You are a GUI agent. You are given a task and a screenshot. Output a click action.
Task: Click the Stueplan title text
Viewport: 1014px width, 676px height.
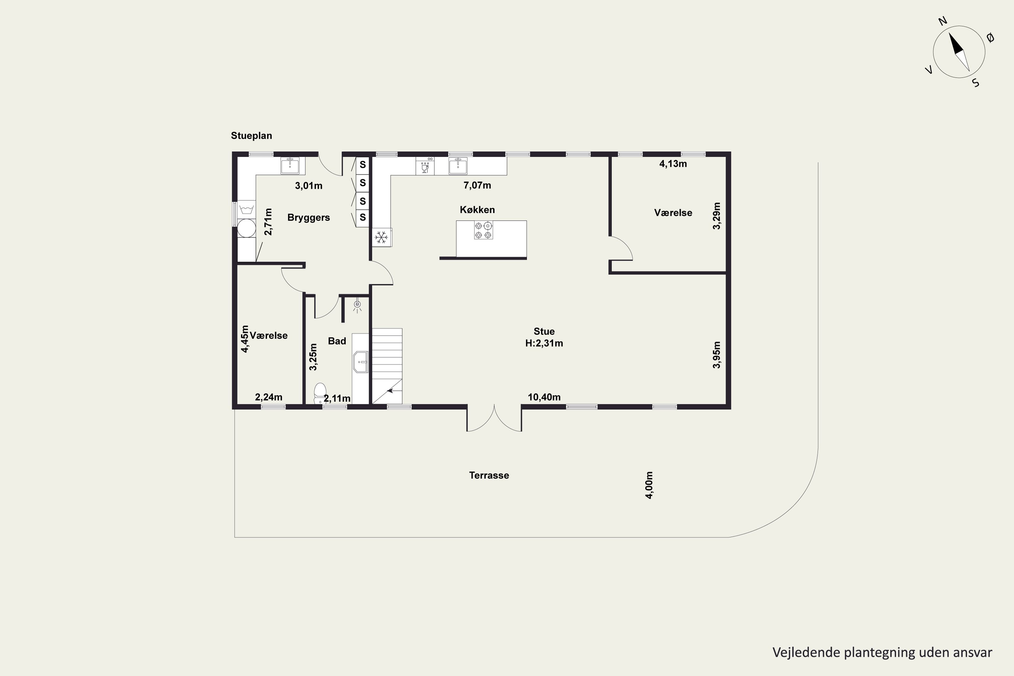251,136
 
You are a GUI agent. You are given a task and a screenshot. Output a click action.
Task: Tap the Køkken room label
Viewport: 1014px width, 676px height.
477,210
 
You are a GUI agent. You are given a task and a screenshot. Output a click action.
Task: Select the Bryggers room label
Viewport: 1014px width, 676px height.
308,217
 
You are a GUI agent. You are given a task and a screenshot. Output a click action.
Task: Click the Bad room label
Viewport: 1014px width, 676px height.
337,341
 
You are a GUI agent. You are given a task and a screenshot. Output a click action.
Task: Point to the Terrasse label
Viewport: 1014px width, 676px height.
489,475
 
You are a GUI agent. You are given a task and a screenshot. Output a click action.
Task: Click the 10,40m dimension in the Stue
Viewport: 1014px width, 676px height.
544,397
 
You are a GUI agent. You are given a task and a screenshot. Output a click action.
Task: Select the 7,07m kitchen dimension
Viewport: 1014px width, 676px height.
477,185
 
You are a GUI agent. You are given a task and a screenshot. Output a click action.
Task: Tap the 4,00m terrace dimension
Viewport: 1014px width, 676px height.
649,485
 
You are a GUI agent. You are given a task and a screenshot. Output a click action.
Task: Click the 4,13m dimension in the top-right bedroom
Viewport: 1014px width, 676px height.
673,164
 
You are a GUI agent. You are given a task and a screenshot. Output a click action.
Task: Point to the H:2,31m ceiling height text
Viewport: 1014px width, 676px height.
544,343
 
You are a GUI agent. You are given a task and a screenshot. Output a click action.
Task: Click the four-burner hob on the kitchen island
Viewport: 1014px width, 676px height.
483,230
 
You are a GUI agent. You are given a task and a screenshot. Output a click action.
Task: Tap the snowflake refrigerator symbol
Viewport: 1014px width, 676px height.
381,237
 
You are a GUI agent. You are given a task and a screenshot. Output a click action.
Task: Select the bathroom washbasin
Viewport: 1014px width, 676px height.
360,362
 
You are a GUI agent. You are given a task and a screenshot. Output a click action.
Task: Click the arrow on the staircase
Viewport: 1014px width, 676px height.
390,391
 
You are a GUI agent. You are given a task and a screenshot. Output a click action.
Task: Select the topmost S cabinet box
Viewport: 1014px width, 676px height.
363,165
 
